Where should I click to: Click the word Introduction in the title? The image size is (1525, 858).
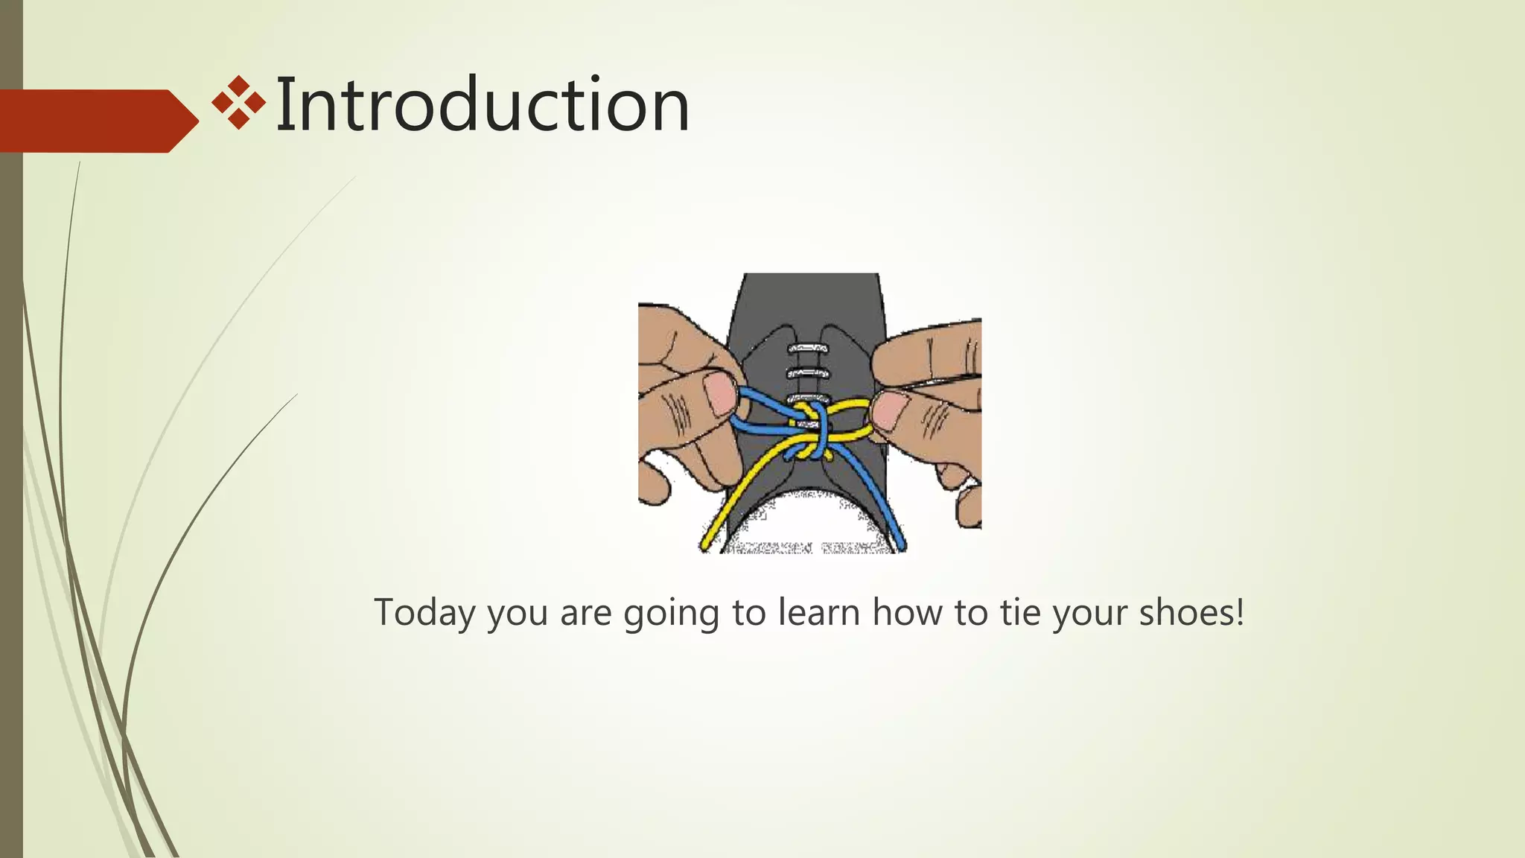(x=483, y=105)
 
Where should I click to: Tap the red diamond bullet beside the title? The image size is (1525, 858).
(x=238, y=103)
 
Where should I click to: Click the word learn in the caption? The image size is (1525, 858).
(x=819, y=612)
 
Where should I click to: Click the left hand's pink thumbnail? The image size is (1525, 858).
(x=720, y=393)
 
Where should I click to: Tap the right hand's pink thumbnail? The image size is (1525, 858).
(x=891, y=412)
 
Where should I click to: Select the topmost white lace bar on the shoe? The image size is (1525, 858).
(x=808, y=348)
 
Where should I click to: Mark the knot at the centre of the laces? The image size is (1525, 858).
(x=811, y=432)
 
